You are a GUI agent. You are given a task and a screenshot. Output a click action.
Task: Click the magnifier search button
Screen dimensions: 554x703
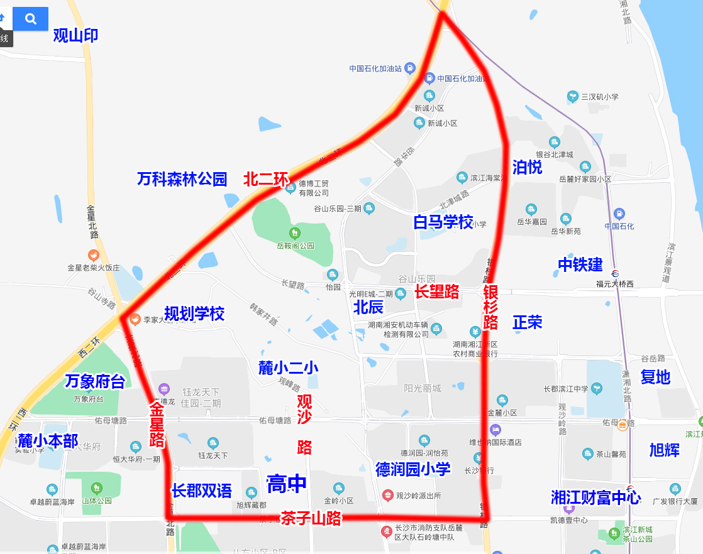click(x=30, y=19)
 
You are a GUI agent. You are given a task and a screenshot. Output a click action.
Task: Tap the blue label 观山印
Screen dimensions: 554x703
click(x=75, y=36)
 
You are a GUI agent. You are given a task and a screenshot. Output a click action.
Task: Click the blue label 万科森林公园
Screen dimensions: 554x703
click(x=182, y=179)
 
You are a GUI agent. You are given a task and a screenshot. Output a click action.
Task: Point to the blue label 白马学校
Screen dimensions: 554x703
click(x=443, y=222)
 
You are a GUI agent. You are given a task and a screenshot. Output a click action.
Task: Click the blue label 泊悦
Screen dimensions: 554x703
click(x=527, y=167)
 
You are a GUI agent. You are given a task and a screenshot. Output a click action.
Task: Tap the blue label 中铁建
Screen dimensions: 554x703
click(x=580, y=264)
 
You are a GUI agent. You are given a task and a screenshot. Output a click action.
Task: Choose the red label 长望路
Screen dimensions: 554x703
click(x=436, y=291)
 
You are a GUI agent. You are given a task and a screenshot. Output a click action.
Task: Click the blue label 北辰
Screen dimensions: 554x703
click(x=368, y=307)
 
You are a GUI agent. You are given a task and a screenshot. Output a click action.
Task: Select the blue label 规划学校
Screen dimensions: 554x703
click(x=194, y=313)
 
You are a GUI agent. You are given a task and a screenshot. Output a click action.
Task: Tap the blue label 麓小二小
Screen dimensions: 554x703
click(x=289, y=368)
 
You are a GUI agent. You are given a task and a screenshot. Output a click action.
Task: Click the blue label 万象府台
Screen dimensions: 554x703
click(x=95, y=381)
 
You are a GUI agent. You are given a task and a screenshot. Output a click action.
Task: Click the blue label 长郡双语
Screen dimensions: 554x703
click(x=202, y=491)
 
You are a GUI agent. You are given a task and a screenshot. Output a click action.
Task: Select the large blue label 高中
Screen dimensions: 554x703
click(x=287, y=483)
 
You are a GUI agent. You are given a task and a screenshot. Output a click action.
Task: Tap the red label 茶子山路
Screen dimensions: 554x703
click(x=311, y=518)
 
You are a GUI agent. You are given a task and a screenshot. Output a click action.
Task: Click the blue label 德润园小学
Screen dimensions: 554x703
click(x=413, y=469)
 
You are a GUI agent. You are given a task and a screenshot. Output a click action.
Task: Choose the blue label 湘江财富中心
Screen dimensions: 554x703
click(x=595, y=497)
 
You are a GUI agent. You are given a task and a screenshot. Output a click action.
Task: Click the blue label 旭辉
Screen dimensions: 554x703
click(x=664, y=450)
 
